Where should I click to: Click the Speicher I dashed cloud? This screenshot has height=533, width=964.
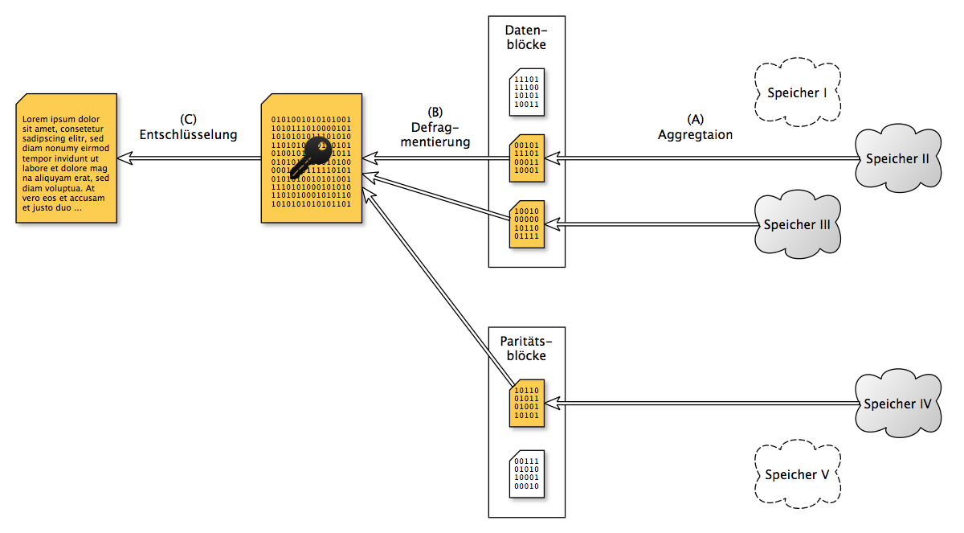point(797,93)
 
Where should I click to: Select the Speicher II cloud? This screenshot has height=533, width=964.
point(897,158)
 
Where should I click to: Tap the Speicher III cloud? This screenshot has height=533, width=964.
point(797,224)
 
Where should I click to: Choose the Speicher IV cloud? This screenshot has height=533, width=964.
point(897,404)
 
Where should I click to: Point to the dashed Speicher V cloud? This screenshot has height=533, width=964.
point(797,474)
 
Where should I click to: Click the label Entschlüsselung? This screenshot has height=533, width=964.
point(188,134)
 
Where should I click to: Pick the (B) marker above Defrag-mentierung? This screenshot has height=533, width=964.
point(435,112)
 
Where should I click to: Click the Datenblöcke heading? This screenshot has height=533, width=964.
point(527,37)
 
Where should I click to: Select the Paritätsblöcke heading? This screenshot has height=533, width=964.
point(527,348)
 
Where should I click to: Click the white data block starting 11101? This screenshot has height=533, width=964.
point(527,92)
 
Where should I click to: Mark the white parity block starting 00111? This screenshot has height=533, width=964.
point(527,473)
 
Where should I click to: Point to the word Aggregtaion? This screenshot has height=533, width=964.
point(695,135)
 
